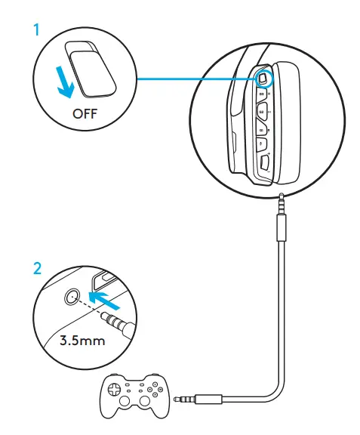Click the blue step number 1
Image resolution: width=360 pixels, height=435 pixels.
(x=35, y=31)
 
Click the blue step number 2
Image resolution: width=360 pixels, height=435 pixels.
(x=35, y=267)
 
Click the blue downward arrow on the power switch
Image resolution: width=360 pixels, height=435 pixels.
(x=66, y=80)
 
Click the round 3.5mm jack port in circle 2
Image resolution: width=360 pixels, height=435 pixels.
(x=72, y=297)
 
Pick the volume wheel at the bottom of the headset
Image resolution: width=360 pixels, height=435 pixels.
(x=265, y=161)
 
